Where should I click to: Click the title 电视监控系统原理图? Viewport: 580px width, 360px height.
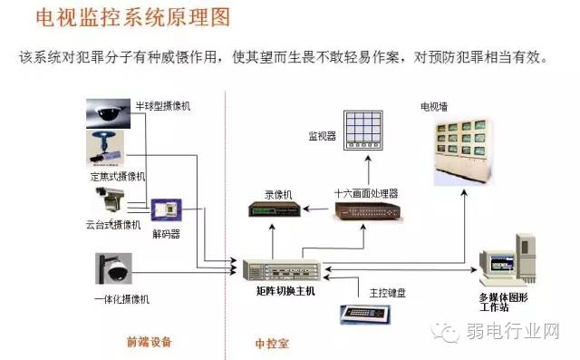click(130, 17)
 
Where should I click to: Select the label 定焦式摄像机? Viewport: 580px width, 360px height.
click(118, 175)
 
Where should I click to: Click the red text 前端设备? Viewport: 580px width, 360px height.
click(150, 342)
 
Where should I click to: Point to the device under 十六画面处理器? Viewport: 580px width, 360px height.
click(366, 212)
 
